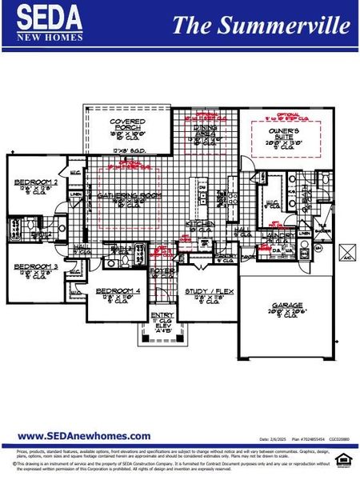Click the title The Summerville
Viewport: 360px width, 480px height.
click(261, 25)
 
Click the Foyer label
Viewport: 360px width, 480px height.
click(163, 270)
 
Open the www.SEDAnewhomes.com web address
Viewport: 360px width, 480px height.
click(84, 436)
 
